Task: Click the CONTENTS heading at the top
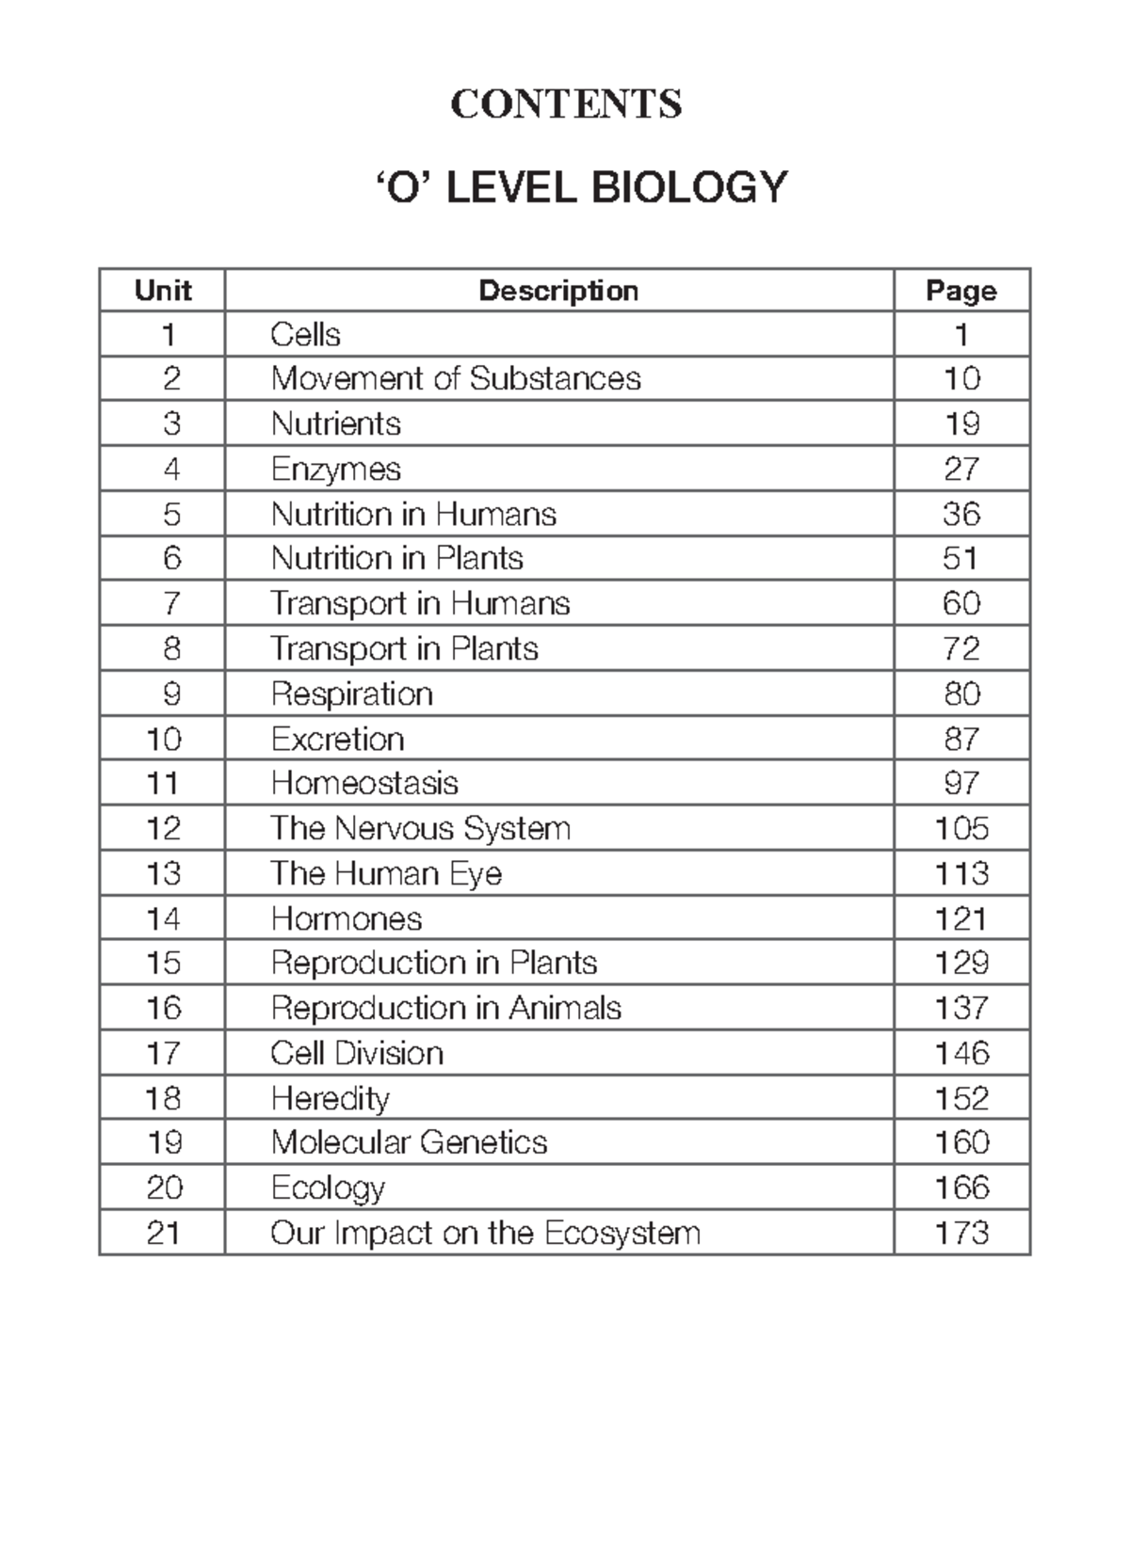click(566, 104)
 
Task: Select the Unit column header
click(163, 291)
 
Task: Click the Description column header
click(558, 291)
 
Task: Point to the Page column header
click(960, 291)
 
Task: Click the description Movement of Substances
click(456, 379)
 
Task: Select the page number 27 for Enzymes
click(961, 469)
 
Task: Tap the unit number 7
click(170, 603)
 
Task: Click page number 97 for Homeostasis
click(961, 783)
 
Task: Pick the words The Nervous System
click(420, 828)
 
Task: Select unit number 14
click(163, 918)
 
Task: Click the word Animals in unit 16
click(565, 1009)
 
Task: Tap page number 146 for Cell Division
click(961, 1053)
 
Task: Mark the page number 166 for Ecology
click(961, 1187)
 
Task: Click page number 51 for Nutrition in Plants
click(960, 559)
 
